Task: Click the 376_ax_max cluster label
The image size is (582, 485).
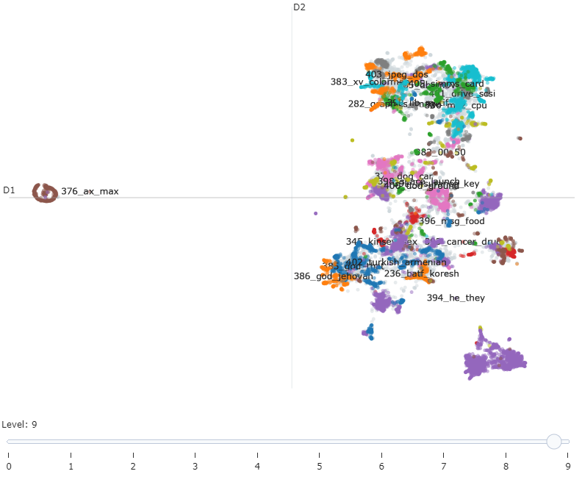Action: pyautogui.click(x=90, y=191)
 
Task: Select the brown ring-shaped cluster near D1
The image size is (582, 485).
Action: pyautogui.click(x=45, y=193)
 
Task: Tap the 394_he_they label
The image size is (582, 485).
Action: pyautogui.click(x=456, y=298)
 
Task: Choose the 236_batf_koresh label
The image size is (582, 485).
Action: pyautogui.click(x=421, y=273)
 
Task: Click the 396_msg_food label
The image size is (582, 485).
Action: pyautogui.click(x=451, y=220)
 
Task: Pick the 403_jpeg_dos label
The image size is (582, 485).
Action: pyautogui.click(x=397, y=74)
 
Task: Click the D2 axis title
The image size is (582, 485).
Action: pyautogui.click(x=299, y=7)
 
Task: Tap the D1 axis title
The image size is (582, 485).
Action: pyautogui.click(x=9, y=190)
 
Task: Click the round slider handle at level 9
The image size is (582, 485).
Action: pyautogui.click(x=554, y=441)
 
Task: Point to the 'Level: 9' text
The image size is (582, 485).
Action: pyautogui.click(x=19, y=424)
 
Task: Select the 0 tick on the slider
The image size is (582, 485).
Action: pyautogui.click(x=9, y=466)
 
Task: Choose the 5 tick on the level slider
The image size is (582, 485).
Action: pyautogui.click(x=320, y=466)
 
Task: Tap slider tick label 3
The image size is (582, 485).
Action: pyautogui.click(x=195, y=466)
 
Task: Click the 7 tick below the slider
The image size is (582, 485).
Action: pyautogui.click(x=444, y=466)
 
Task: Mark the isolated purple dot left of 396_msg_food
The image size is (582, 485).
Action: pyautogui.click(x=315, y=213)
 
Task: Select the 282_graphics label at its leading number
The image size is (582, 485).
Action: pyautogui.click(x=356, y=104)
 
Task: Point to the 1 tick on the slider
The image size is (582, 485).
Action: pyautogui.click(x=71, y=466)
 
